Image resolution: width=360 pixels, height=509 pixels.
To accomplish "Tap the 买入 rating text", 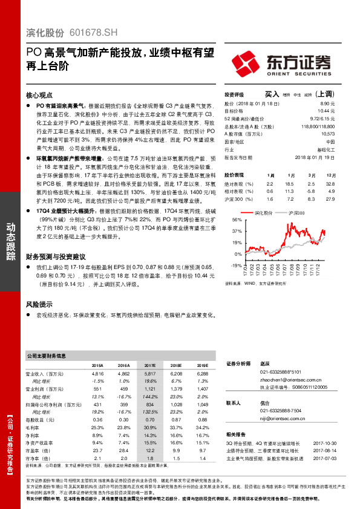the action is [272, 95].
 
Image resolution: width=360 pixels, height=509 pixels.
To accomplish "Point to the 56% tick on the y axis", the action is [236, 221].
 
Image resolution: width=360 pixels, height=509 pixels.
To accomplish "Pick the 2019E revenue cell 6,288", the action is [203, 374].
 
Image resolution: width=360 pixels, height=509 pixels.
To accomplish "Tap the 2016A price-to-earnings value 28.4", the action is [123, 450].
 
